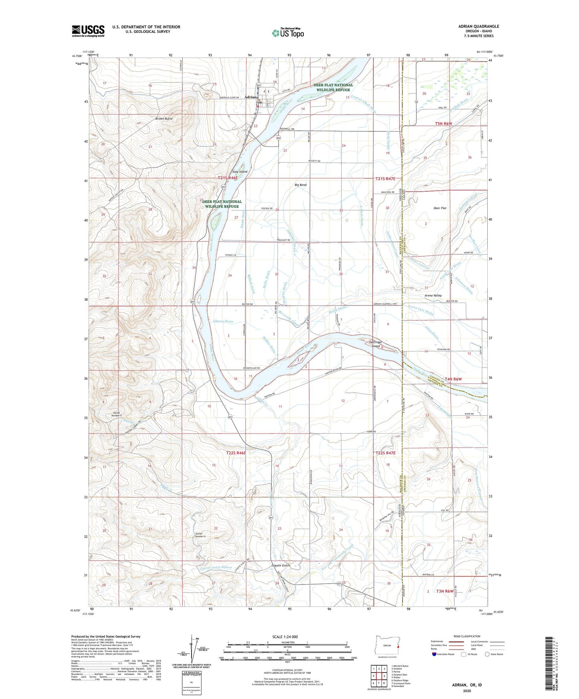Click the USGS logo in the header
(88, 31)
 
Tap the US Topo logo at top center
(287, 32)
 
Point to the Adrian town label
(250, 102)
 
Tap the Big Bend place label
(301, 185)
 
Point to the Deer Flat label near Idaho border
(440, 208)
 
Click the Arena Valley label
(433, 295)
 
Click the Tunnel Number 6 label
(200, 535)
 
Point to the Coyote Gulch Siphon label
(216, 567)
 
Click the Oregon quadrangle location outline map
(387, 645)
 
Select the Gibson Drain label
(223, 321)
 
